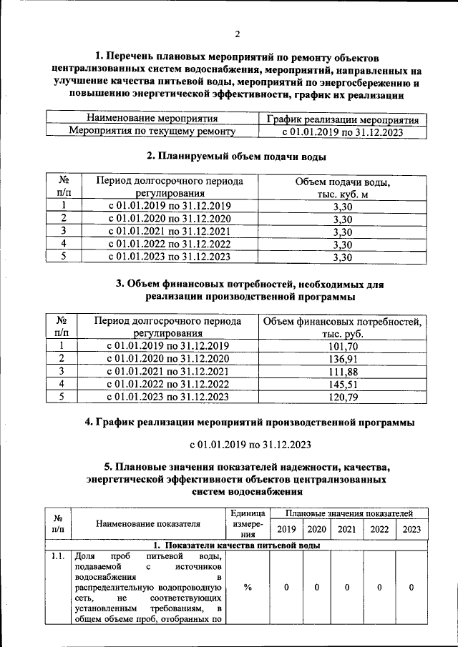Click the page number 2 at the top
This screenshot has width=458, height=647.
(237, 34)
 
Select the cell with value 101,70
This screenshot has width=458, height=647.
(342, 346)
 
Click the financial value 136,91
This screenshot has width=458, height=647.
(342, 358)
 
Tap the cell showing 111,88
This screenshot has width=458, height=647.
(342, 371)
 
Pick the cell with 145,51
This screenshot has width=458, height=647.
(342, 384)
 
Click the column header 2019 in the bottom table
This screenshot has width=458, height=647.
(286, 529)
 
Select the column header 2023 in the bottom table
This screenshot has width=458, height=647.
(411, 529)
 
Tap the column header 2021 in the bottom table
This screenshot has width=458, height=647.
(346, 529)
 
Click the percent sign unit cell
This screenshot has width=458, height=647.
(248, 587)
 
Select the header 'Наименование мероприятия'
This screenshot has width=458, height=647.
(152, 118)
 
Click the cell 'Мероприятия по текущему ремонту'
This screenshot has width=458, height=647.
(152, 131)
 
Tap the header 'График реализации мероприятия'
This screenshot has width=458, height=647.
(341, 119)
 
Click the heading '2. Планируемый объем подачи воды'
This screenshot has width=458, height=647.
(237, 157)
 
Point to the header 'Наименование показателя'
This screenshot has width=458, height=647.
(150, 523)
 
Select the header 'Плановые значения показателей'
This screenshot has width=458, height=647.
(349, 513)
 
